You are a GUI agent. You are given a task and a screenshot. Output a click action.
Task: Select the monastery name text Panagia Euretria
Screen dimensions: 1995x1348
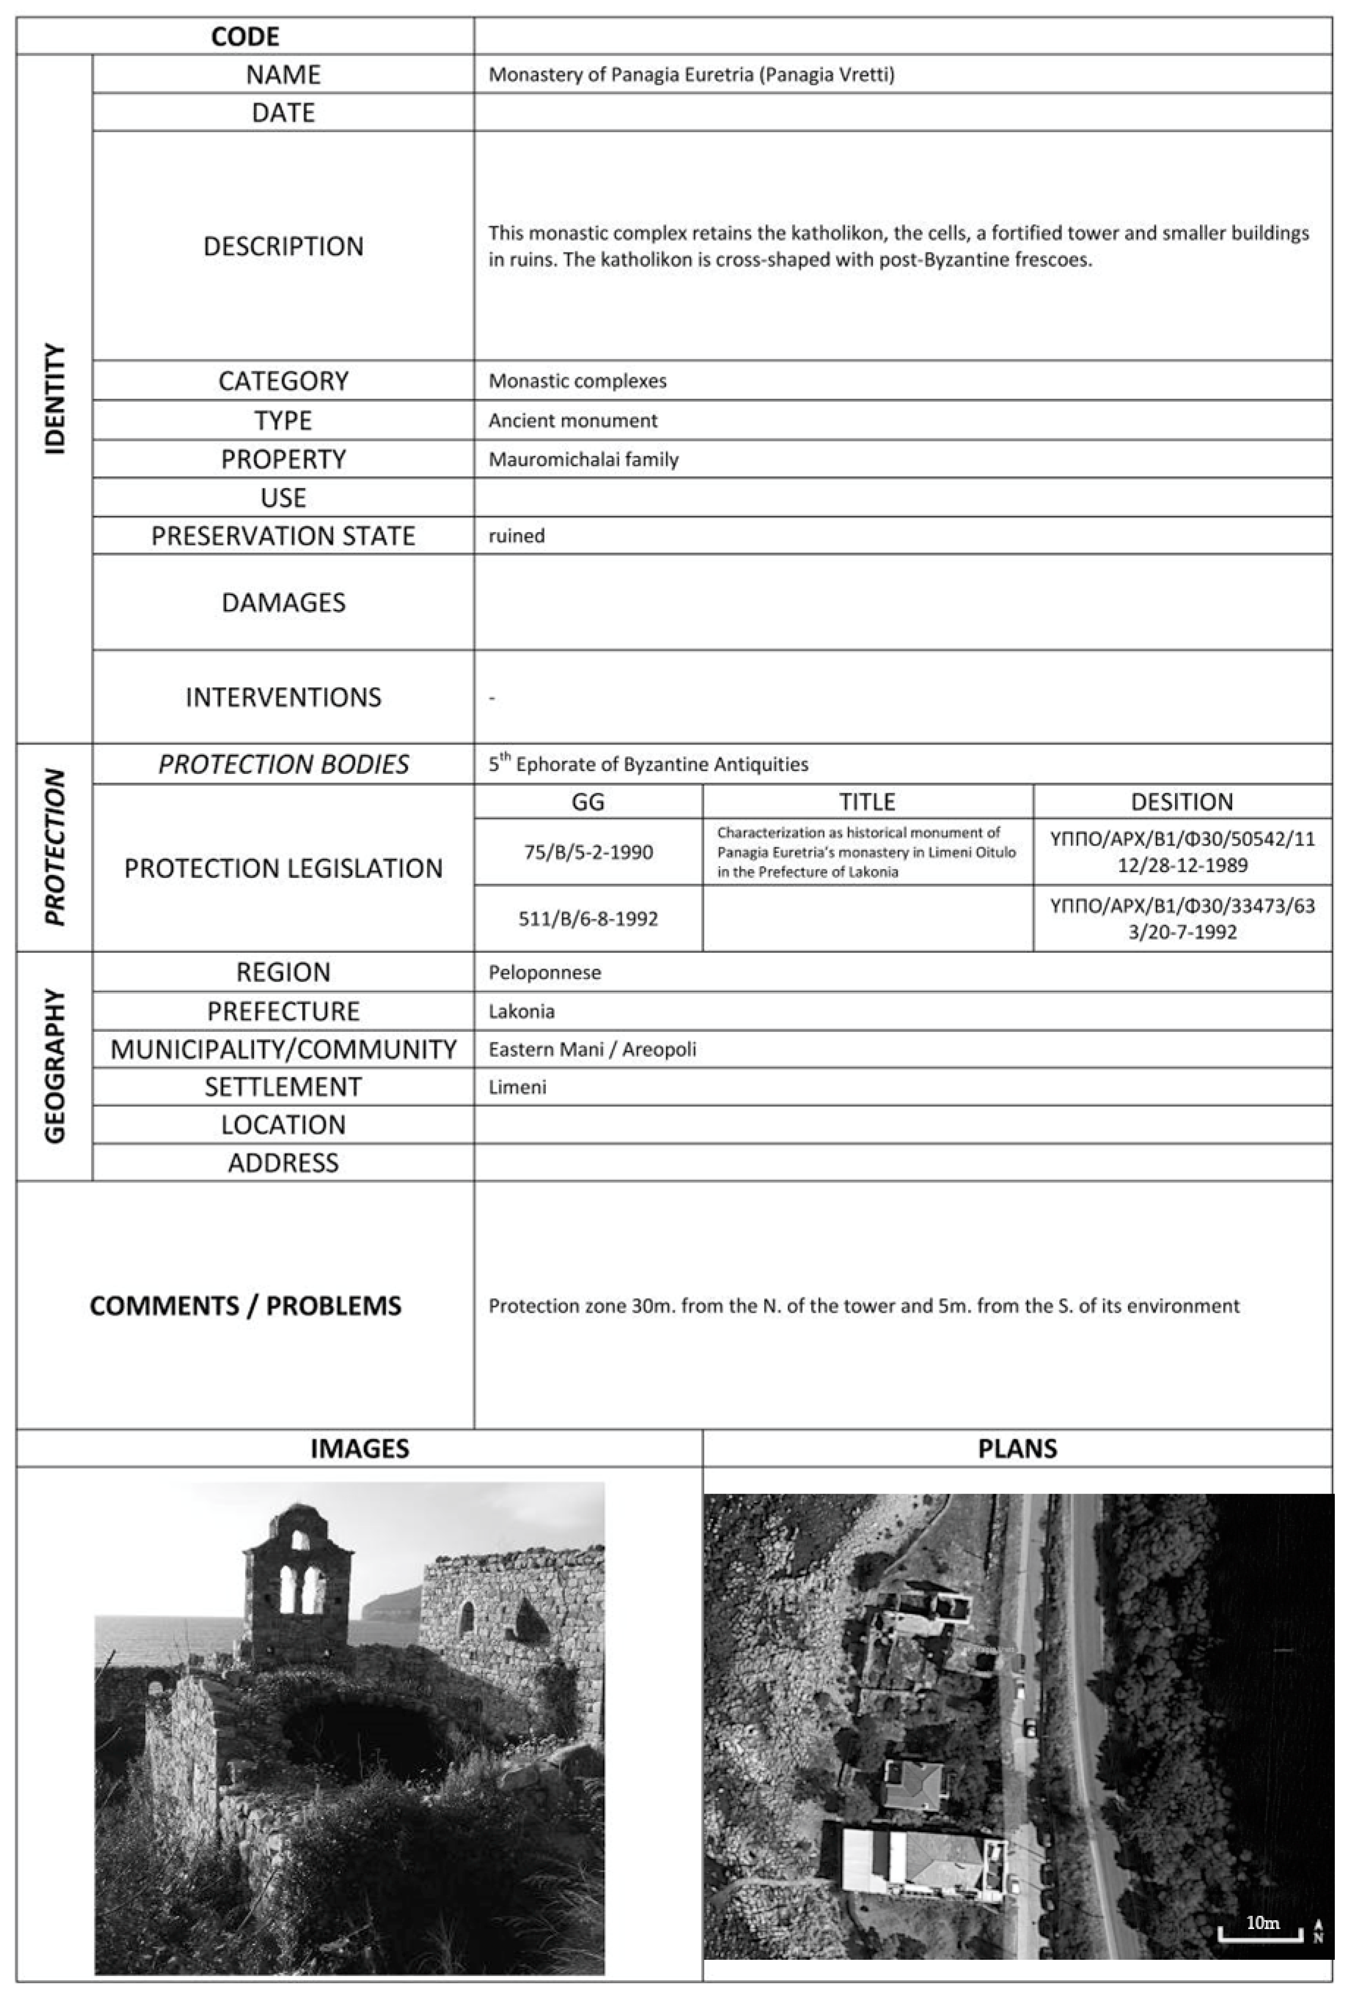pos(691,75)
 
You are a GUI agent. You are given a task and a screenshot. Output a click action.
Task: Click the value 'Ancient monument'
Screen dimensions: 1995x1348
pos(573,421)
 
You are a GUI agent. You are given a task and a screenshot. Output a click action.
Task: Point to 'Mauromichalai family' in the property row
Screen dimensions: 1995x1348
pos(583,459)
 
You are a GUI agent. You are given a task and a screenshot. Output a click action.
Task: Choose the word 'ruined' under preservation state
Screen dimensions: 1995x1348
pos(516,536)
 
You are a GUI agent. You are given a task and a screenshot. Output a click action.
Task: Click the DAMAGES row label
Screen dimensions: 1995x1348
pos(283,602)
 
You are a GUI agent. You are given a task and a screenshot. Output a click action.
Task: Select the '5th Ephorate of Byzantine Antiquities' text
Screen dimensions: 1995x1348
pos(648,764)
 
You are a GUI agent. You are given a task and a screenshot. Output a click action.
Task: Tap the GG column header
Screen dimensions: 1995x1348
pos(587,802)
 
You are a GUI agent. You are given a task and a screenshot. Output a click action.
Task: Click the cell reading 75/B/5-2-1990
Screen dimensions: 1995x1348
pos(588,853)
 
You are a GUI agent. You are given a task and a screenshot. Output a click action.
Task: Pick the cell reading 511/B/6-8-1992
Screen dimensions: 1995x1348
pos(588,919)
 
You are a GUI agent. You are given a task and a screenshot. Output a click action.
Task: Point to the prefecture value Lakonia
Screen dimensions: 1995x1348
pos(521,1011)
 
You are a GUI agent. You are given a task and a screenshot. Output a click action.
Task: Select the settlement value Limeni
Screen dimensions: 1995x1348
pos(517,1087)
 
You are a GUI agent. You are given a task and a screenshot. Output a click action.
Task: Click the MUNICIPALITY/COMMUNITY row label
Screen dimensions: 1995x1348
pos(283,1049)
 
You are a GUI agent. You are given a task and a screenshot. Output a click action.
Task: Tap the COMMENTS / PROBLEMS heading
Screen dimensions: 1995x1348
pos(245,1306)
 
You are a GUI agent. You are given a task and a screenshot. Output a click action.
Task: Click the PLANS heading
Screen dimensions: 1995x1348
pos(1018,1449)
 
